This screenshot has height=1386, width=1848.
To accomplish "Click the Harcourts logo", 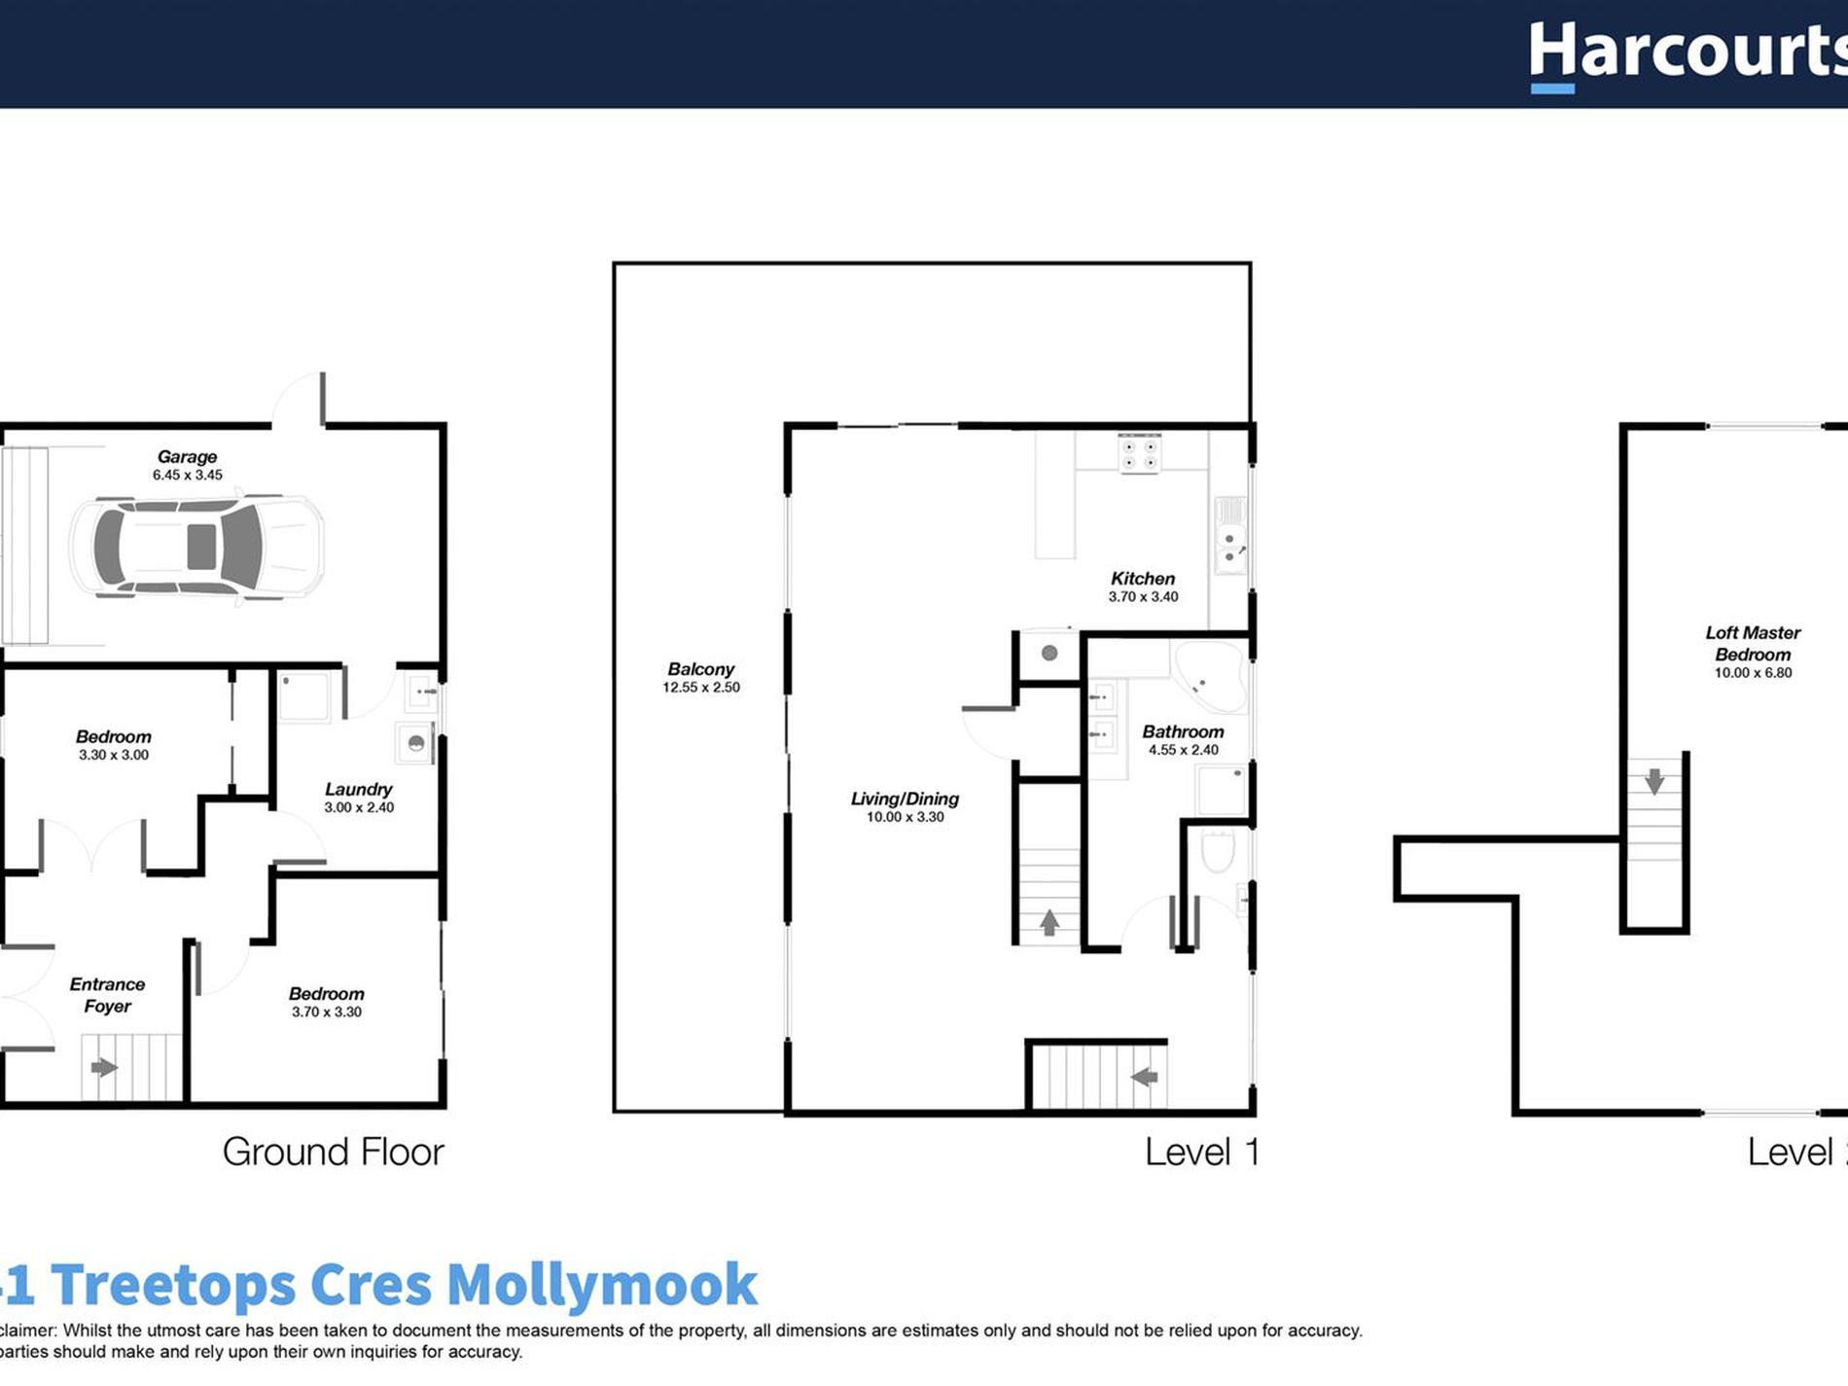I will point(1688,53).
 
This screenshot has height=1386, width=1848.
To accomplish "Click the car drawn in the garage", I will point(196,548).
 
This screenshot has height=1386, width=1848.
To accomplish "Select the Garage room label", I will point(187,456).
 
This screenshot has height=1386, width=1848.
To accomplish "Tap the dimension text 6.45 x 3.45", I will point(187,475).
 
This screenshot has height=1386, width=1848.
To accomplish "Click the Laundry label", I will point(358,789).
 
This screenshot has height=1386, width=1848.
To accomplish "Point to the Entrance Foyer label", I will point(107,995).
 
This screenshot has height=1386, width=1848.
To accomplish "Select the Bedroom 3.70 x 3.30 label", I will point(327,993).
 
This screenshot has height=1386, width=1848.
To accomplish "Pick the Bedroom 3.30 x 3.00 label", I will point(114,736).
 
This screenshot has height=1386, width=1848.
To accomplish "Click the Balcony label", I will point(700,669).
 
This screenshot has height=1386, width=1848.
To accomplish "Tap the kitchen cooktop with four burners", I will point(1139,454).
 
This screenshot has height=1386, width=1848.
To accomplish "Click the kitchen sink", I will point(1230,548).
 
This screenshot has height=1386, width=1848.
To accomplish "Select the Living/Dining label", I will point(905,799).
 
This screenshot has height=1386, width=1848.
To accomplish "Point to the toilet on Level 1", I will point(1218,851).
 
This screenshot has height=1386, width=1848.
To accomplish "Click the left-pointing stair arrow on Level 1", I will point(1145,1077).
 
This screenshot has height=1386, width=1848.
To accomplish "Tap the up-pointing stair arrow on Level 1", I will point(1049,922).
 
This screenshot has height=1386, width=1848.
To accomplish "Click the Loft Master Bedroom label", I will point(1753,643).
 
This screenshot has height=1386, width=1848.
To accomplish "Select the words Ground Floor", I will point(333,1152).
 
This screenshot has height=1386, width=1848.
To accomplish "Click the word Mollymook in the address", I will point(601,1285).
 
